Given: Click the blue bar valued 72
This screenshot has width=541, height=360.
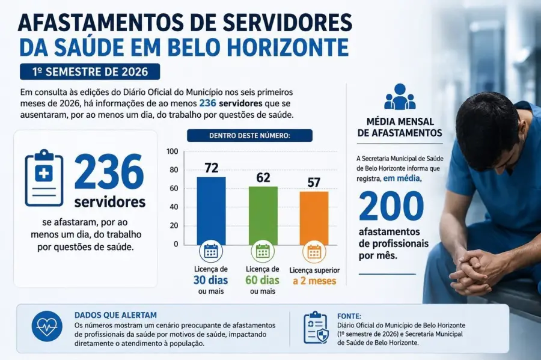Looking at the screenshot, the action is click(211, 211).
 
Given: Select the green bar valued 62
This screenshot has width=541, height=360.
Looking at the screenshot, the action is click(263, 216).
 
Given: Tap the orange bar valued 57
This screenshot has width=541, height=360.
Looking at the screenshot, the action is click(314, 218).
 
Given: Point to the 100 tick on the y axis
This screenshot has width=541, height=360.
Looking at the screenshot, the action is click(172, 151).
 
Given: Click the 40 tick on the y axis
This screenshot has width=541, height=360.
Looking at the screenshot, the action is click(174, 207).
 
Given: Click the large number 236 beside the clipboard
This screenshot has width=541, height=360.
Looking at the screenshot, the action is click(109, 172).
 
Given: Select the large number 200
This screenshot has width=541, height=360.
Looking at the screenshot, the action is click(391, 206).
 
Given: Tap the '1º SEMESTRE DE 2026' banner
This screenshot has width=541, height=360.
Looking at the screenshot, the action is click(90, 72).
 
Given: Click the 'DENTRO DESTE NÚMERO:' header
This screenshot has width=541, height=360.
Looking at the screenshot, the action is click(249, 135).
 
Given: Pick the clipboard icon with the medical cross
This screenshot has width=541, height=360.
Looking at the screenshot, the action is click(44, 178).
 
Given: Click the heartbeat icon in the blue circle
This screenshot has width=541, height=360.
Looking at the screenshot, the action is click(47, 326).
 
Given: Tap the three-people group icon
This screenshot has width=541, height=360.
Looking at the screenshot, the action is click(400, 97).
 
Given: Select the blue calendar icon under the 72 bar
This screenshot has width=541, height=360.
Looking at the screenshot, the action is click(211, 251).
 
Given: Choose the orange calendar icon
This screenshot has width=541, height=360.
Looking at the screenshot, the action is click(314, 252).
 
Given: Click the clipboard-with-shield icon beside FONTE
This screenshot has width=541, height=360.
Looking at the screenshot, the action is click(316, 328).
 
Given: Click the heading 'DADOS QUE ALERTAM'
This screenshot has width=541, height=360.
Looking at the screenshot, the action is click(115, 315).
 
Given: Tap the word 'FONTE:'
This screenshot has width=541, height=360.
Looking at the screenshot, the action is click(349, 316).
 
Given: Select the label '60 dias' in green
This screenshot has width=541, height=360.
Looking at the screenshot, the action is click(262, 280).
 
